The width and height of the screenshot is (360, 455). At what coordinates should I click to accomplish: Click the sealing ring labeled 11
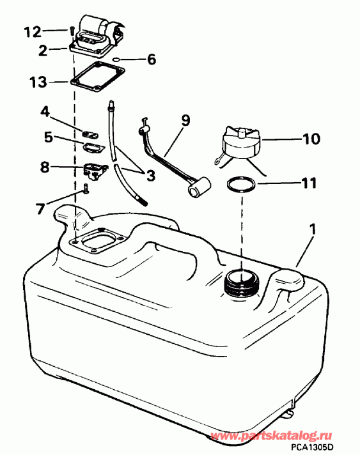241,185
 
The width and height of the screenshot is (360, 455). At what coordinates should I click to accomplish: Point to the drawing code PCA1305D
327,448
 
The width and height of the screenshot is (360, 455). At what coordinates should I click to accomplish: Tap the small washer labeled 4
90,133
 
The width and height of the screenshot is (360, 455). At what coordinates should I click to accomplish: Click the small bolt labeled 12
68,29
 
